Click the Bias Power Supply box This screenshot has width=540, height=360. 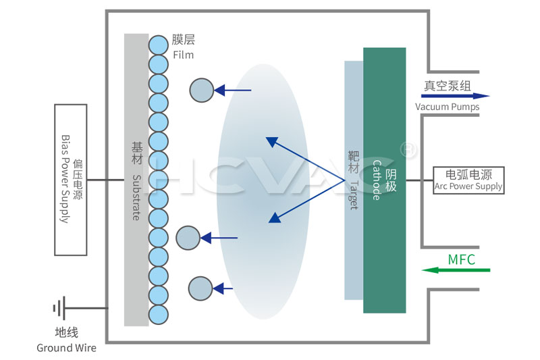(x=70, y=180)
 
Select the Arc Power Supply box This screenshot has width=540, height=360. (x=468, y=180)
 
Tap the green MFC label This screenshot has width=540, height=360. (x=462, y=259)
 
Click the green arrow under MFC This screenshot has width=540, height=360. (x=456, y=270)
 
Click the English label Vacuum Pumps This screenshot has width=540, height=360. (x=447, y=107)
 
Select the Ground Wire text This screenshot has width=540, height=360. (x=66, y=348)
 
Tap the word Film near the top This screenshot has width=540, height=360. (x=184, y=54)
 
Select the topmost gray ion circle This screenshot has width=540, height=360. (x=201, y=90)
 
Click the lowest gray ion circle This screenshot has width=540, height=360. (x=200, y=288)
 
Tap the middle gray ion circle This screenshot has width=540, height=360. (x=188, y=238)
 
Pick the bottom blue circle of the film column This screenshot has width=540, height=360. (x=158, y=314)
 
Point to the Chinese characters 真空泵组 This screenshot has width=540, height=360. (x=447, y=86)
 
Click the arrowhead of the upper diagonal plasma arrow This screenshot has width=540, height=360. (x=271, y=141)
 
